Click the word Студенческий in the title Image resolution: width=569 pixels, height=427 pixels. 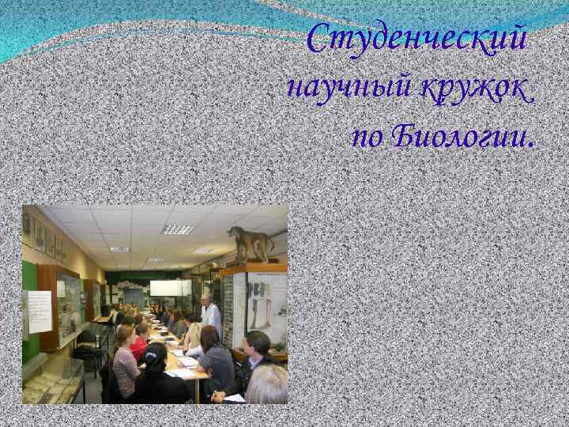(x=416, y=39)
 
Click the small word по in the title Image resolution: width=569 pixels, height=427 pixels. (x=368, y=138)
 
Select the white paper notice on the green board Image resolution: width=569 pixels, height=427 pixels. (x=40, y=312)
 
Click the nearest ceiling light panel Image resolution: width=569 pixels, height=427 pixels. (x=178, y=229)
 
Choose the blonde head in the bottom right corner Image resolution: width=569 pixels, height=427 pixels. (x=266, y=385)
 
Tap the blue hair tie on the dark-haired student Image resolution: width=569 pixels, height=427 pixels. (x=151, y=357)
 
